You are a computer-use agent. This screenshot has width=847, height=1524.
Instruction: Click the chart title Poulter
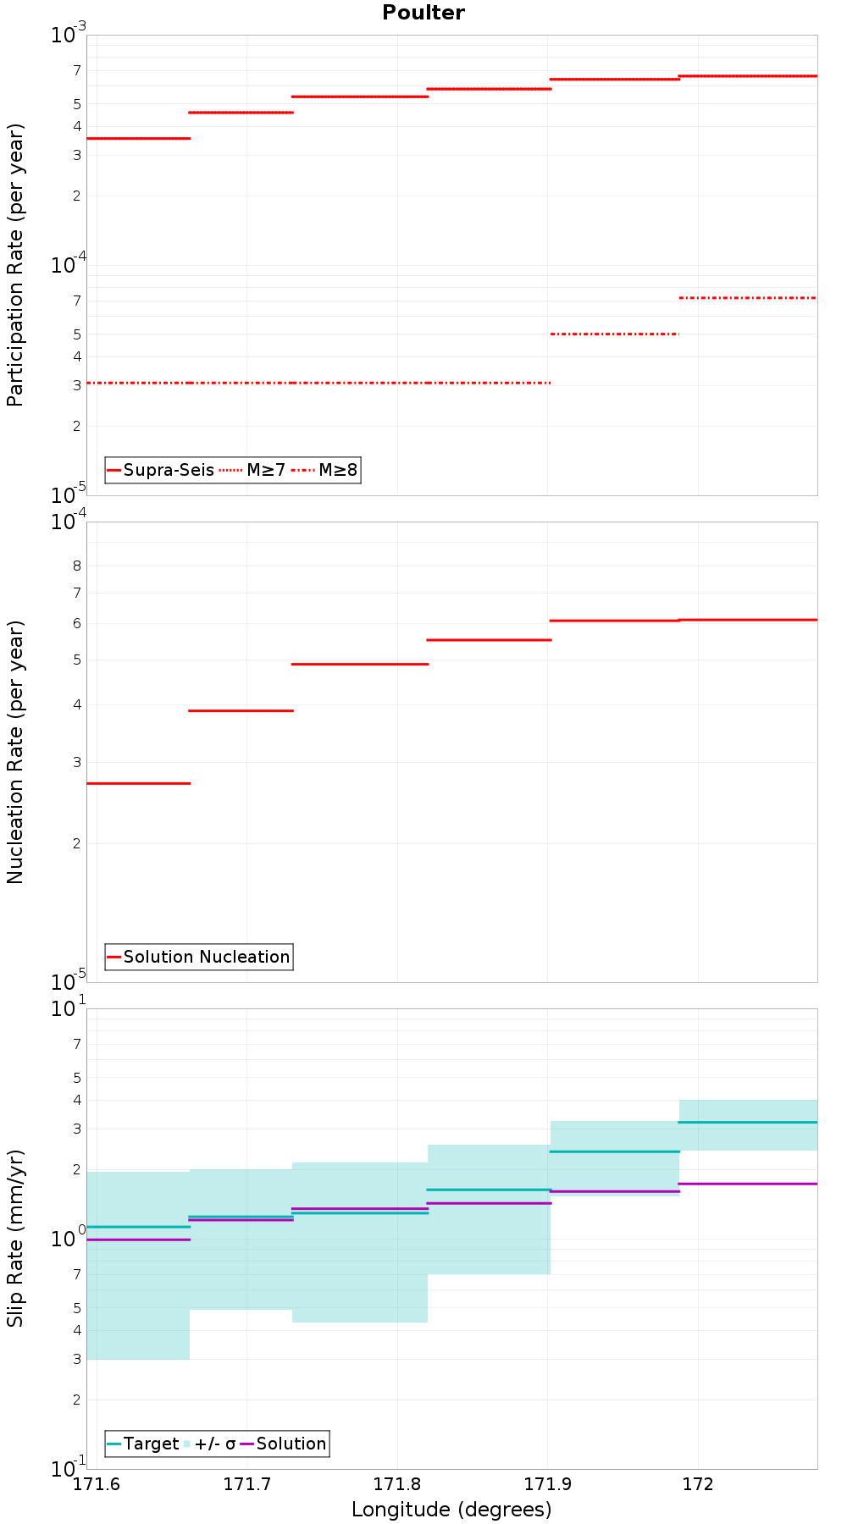[x=423, y=13]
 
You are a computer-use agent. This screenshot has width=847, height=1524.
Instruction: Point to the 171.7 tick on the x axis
[x=246, y=1483]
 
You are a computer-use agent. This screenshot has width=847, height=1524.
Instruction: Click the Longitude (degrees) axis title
[x=451, y=1509]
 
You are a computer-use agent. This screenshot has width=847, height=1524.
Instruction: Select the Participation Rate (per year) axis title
[x=15, y=265]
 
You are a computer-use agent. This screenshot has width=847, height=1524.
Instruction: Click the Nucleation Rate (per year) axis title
[x=15, y=752]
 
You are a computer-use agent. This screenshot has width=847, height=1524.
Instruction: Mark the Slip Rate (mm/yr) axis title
[x=15, y=1238]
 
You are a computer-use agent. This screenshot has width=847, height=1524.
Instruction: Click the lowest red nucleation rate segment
[x=138, y=783]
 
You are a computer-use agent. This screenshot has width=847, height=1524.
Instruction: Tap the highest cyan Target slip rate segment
[x=748, y=1122]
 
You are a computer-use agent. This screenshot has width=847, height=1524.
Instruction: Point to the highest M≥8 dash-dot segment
[x=748, y=298]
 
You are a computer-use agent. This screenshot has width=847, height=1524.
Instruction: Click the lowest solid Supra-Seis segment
[x=138, y=138]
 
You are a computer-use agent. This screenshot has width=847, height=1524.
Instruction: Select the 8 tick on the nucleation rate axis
[x=76, y=566]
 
